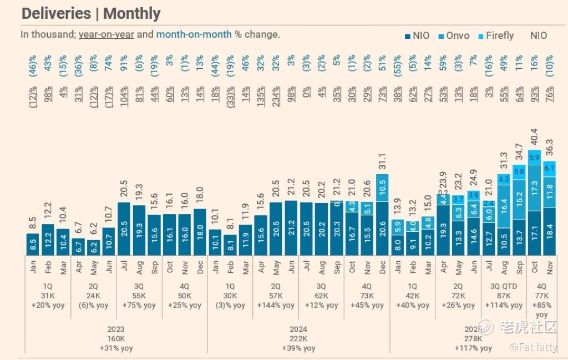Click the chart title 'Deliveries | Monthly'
point(91,13)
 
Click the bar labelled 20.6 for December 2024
point(382,228)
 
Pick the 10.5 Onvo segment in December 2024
point(382,187)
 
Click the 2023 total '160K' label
point(116,339)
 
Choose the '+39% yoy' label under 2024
point(298,348)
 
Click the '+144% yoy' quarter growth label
point(276,305)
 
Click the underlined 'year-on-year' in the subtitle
point(106,34)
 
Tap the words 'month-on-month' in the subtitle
point(194,34)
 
